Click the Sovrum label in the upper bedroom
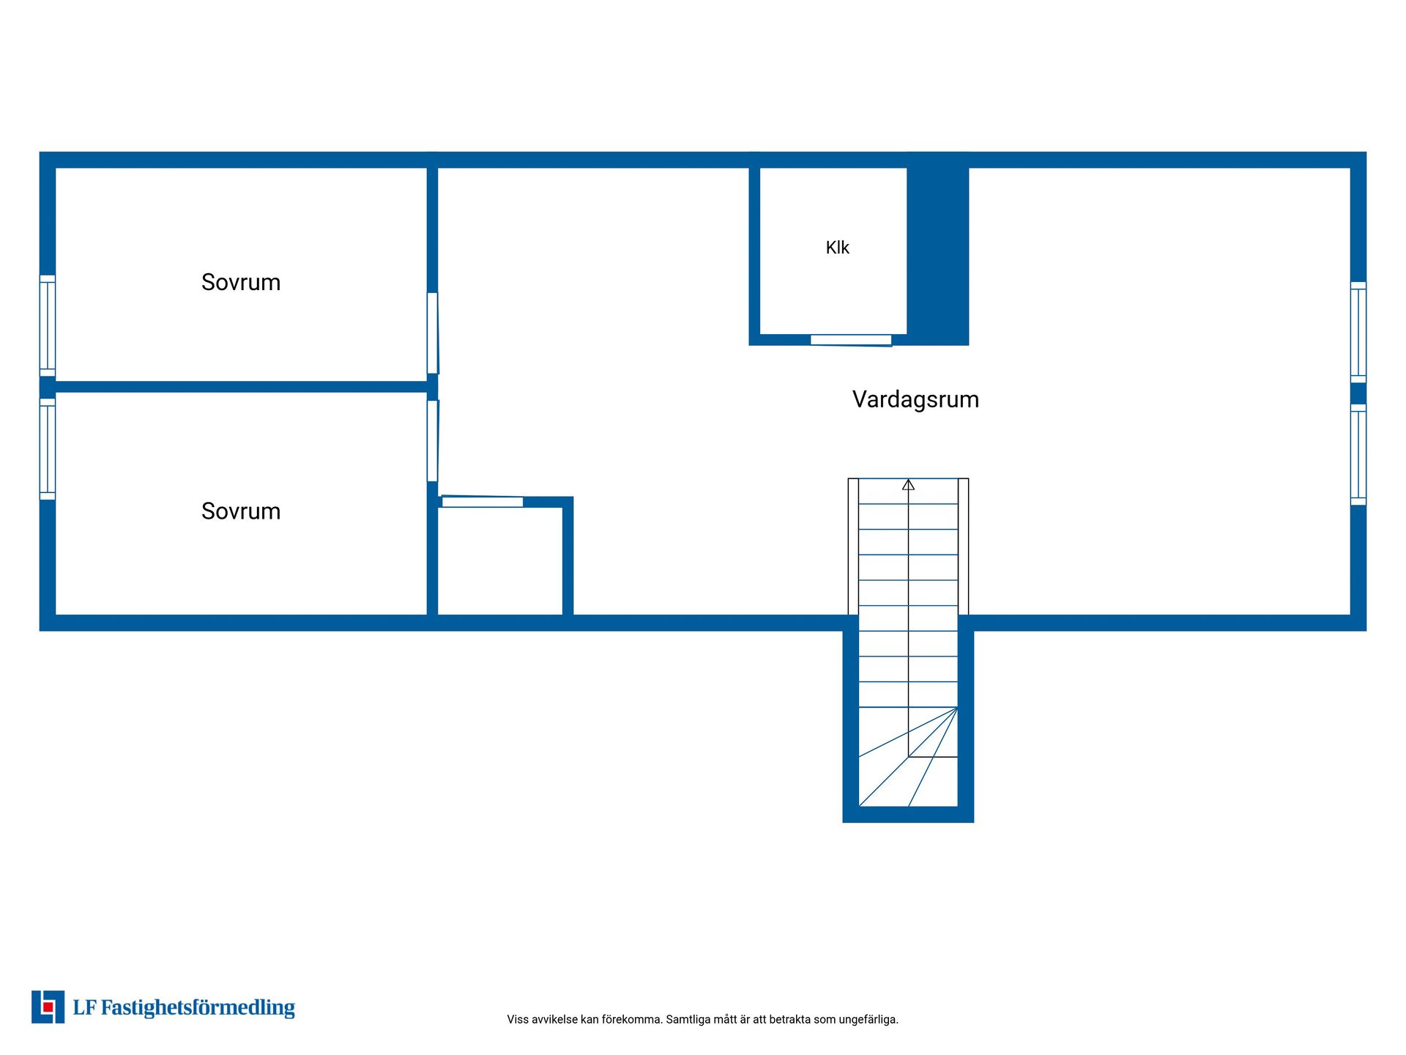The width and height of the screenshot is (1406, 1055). point(241,282)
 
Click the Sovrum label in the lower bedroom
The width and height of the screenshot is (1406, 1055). point(241,511)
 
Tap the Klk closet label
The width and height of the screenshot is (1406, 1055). point(837,248)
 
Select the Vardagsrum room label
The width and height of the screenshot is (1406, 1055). point(915,399)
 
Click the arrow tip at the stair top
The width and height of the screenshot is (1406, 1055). point(908,480)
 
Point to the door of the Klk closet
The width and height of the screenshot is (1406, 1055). point(851,340)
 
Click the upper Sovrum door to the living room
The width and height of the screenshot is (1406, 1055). point(433,333)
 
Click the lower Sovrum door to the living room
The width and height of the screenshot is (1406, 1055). point(433,441)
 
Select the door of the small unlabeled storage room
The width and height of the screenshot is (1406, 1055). point(483,501)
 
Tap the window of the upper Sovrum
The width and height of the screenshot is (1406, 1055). point(48,325)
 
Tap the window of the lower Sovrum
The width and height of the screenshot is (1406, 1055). point(48,449)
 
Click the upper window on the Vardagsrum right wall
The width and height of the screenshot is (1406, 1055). point(1358,332)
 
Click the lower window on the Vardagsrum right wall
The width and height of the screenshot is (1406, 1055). point(1358,454)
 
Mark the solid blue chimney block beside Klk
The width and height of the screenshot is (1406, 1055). point(938,249)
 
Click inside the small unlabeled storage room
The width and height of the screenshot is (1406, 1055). point(500,560)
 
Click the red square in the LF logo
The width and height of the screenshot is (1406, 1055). point(48,1007)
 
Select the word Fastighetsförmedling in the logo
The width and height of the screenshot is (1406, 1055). point(198,1007)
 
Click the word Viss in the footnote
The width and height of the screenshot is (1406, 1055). point(517,1019)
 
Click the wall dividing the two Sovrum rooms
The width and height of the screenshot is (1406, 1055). point(242,387)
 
